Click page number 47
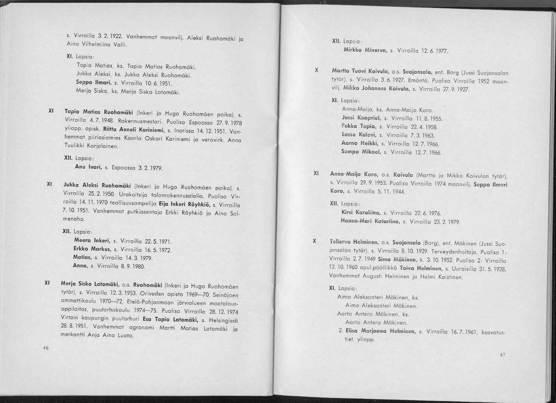(x=503, y=355)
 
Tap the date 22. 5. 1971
(x=158, y=241)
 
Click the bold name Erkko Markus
(x=92, y=249)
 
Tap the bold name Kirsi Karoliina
(x=361, y=213)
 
